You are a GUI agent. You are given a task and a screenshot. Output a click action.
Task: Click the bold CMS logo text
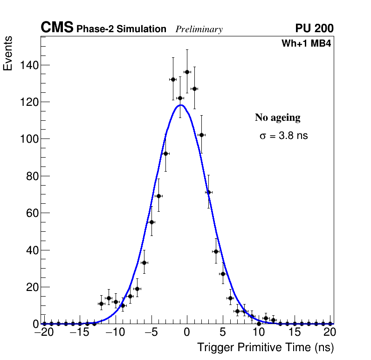(x=57, y=28)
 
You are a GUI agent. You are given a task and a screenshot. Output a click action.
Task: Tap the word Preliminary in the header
(x=199, y=29)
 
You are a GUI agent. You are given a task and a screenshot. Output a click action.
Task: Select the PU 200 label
(x=314, y=28)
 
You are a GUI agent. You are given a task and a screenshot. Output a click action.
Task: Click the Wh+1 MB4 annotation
(x=306, y=44)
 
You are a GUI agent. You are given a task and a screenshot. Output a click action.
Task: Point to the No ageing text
(x=277, y=118)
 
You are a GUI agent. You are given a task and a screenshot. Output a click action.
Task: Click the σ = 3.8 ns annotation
(x=284, y=136)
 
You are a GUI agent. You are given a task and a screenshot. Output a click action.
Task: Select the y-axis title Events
(x=8, y=53)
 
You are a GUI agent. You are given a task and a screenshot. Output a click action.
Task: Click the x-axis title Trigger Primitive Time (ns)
(x=265, y=347)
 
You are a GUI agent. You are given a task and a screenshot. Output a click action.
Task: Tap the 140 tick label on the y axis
(x=29, y=65)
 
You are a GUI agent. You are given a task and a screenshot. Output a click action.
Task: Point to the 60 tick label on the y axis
(x=32, y=213)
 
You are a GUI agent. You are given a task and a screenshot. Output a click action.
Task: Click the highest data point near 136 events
(x=187, y=72)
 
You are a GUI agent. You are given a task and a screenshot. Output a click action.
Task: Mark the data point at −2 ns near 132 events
(x=173, y=79)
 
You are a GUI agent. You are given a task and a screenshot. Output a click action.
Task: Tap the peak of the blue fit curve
(x=181, y=105)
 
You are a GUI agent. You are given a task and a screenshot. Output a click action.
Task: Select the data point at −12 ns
(x=101, y=304)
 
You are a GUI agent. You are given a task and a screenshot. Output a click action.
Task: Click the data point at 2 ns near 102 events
(x=201, y=135)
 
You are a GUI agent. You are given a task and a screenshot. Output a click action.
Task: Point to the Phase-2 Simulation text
(x=121, y=29)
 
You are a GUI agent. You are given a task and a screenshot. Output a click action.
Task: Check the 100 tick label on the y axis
(x=29, y=139)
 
